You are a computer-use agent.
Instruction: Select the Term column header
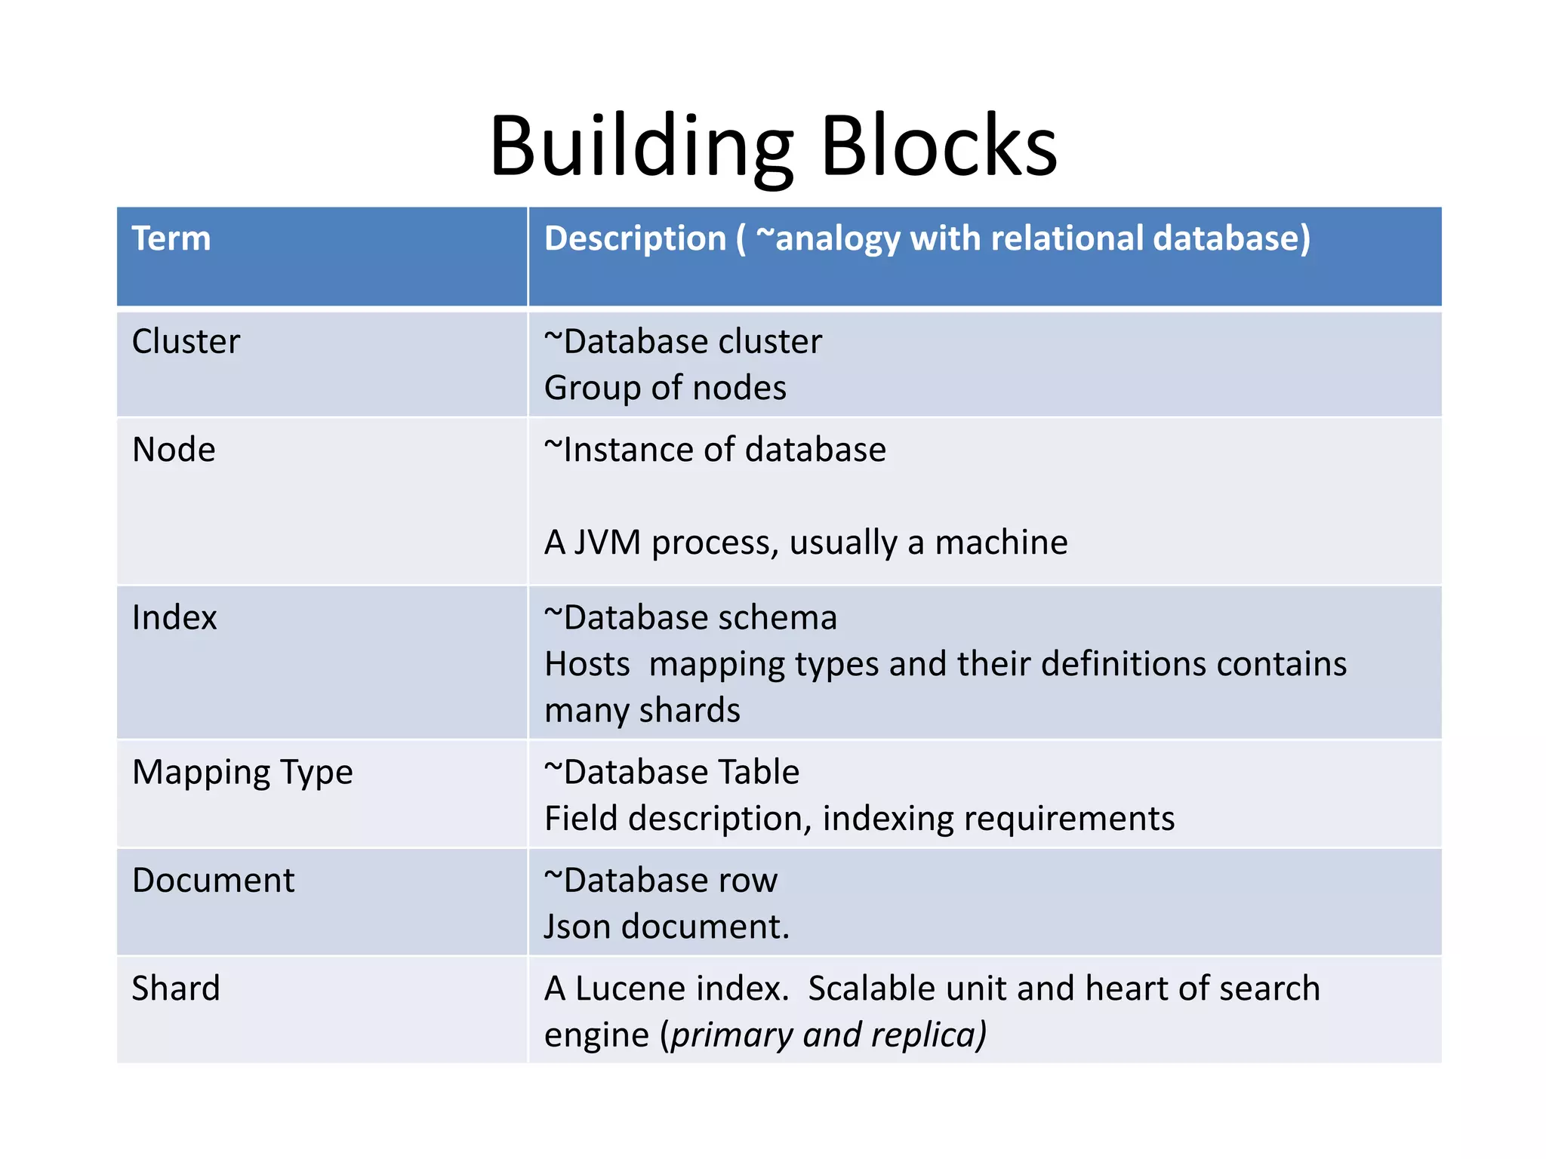point(171,239)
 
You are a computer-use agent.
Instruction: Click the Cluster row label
point(186,342)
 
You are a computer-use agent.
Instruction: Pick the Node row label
point(174,450)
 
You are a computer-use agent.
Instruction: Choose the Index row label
point(174,618)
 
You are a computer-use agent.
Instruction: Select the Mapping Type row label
point(242,773)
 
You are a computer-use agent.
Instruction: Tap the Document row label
point(213,881)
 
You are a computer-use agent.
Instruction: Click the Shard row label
point(176,988)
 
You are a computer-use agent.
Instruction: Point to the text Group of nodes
point(665,389)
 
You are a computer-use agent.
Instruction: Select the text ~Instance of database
point(715,450)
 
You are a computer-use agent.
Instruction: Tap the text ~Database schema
point(691,618)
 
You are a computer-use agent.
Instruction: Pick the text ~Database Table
point(672,773)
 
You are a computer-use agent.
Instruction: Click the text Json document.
point(667,927)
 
